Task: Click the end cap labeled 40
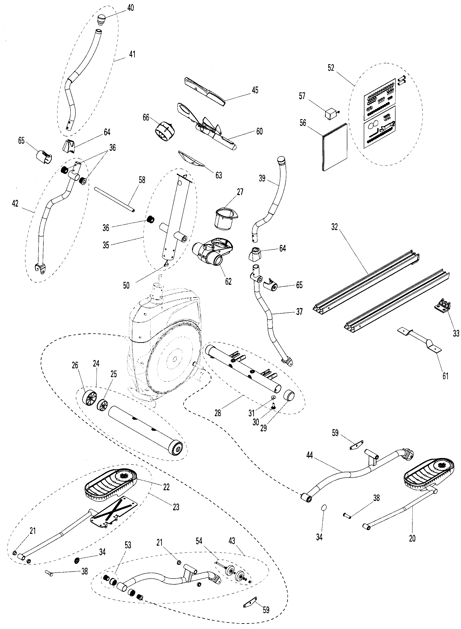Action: (x=101, y=20)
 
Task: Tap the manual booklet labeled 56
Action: (x=334, y=147)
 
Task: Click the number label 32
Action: (x=334, y=227)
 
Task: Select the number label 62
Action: (x=228, y=282)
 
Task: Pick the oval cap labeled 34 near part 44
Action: (x=324, y=508)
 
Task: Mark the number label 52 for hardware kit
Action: (x=331, y=68)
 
